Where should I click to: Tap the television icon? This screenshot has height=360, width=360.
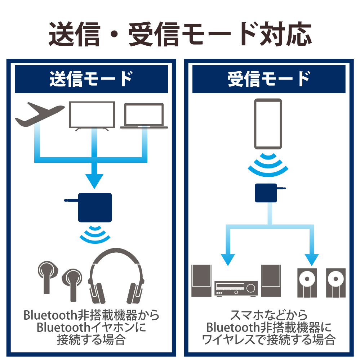pos(92,115)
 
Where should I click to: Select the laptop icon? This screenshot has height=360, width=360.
pos(144,116)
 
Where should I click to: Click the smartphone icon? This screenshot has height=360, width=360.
pos(268,124)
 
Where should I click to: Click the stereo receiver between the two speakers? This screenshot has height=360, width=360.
pos(236,288)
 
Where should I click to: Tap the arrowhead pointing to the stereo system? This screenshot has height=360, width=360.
pos(227,258)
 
